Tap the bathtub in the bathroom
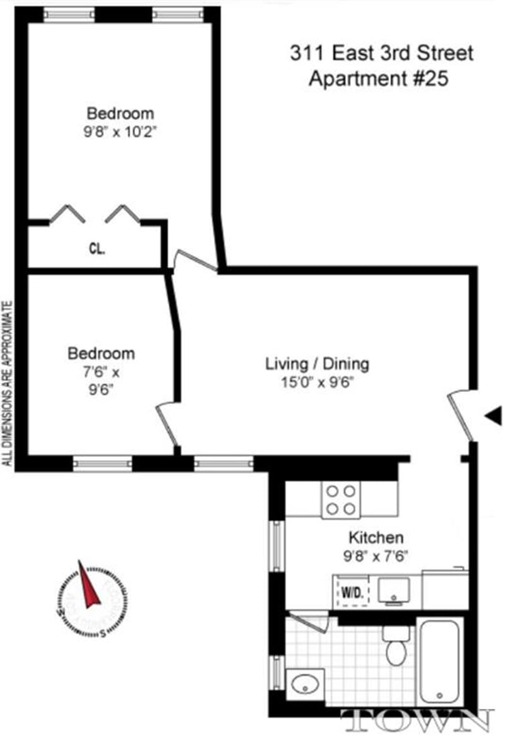coord(441,663)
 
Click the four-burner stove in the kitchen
coord(341,499)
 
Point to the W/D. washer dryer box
coord(352,592)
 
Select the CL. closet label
coord(97,248)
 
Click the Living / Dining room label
coord(317,364)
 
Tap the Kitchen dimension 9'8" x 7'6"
coord(376,556)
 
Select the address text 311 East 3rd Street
coord(381,54)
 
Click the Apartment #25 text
coord(377,80)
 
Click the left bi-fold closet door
coord(67,215)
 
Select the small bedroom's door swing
coord(165,425)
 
